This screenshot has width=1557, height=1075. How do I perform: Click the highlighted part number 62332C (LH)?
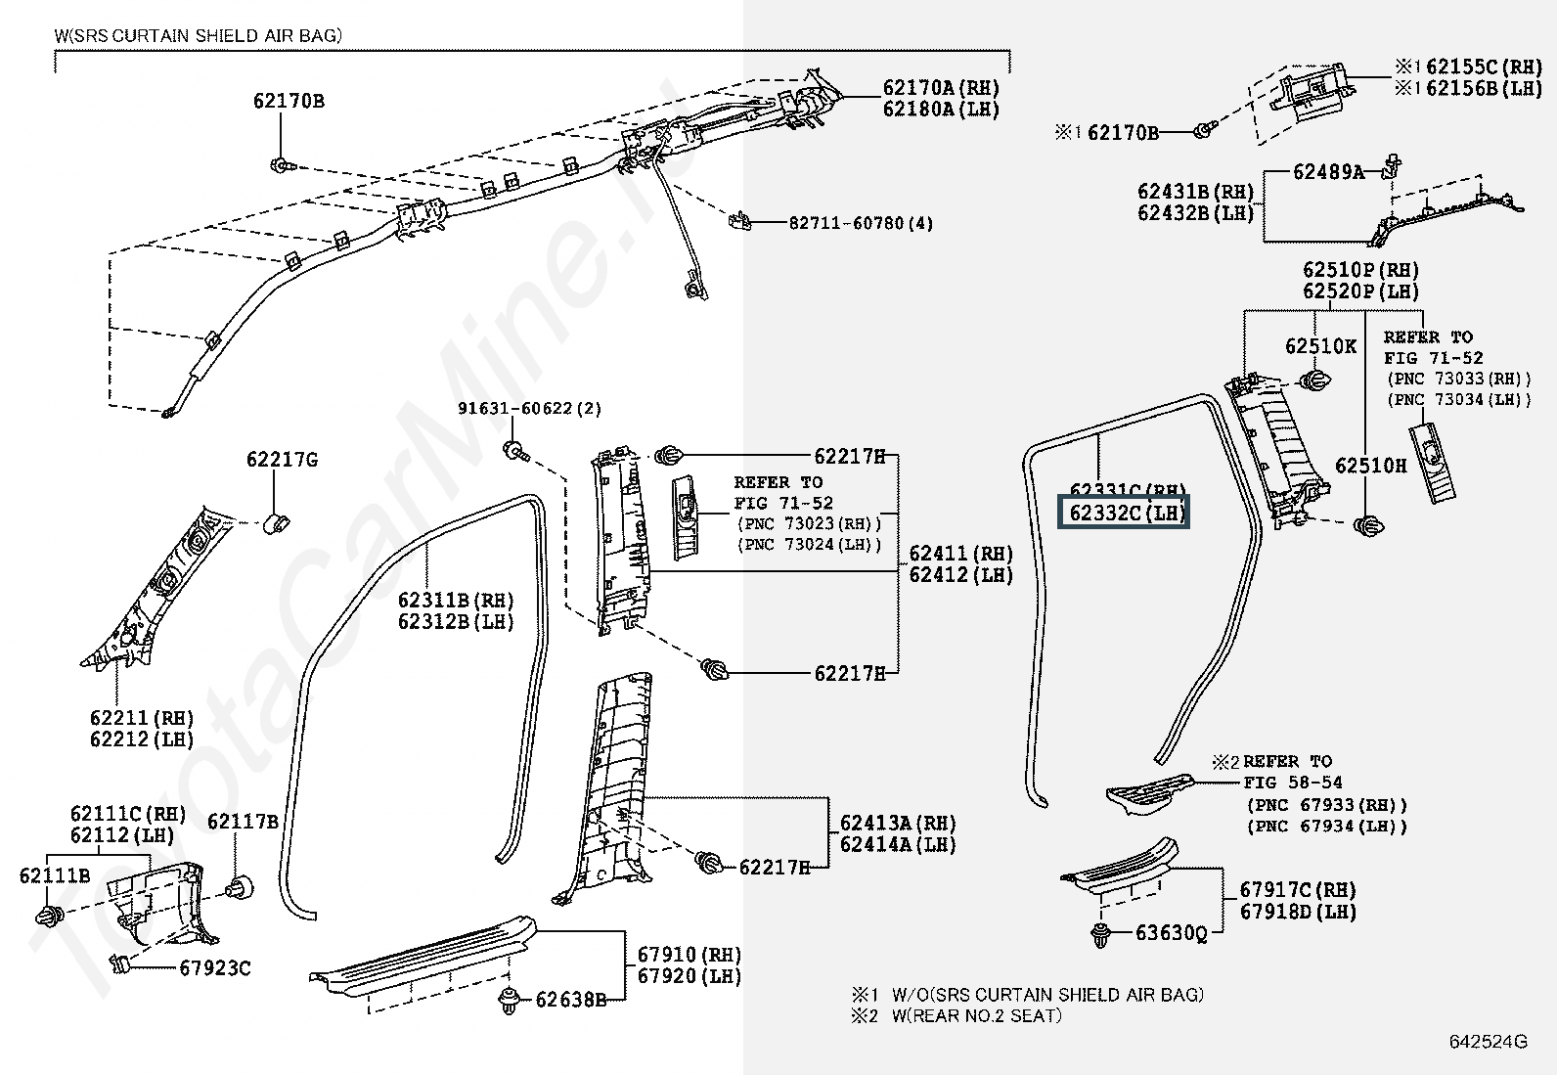(x=1126, y=513)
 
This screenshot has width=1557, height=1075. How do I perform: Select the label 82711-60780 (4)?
(x=861, y=223)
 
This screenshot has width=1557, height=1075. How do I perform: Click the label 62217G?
(x=282, y=459)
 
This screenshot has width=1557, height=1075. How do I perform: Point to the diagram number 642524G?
(x=1488, y=1042)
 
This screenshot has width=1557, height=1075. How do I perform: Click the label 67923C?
(x=215, y=968)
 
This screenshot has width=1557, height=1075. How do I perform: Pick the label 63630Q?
(x=1171, y=933)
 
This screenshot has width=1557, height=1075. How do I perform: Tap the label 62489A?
(x=1328, y=172)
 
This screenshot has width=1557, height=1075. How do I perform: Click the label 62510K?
(x=1320, y=346)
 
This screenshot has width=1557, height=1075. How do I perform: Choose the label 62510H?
(x=1370, y=466)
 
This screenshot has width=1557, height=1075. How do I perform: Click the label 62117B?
(x=243, y=822)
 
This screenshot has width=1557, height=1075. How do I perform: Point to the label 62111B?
(x=55, y=875)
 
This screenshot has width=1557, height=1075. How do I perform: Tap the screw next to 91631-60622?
(x=514, y=450)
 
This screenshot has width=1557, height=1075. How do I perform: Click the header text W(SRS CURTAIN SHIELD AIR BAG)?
(x=199, y=36)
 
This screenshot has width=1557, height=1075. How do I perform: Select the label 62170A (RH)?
(x=941, y=88)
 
